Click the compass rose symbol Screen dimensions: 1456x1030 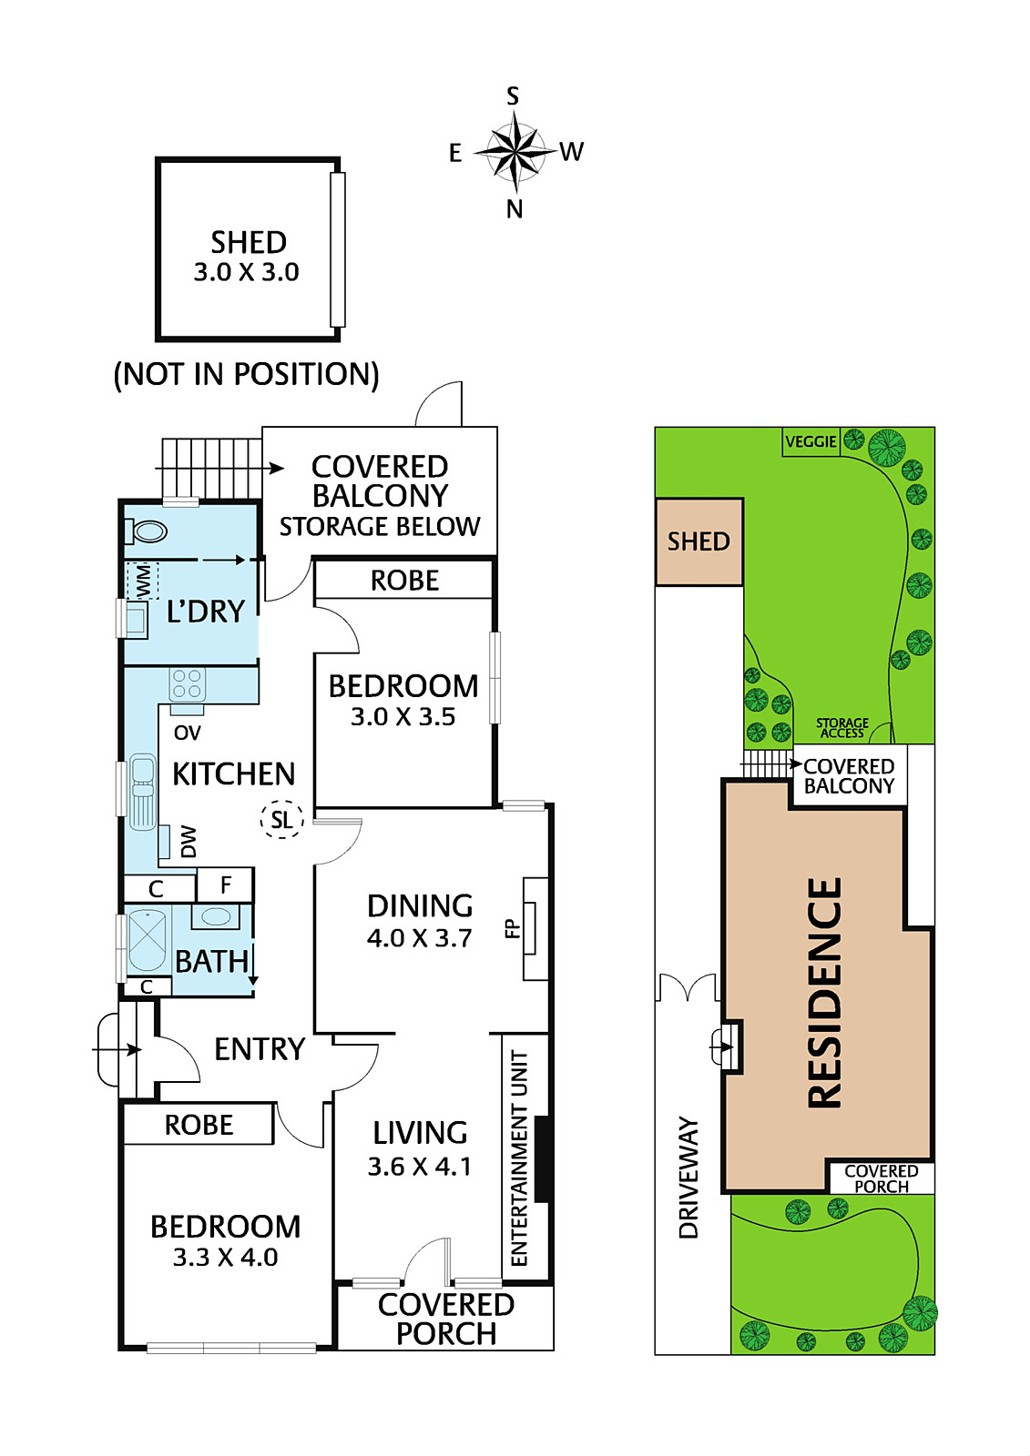515,151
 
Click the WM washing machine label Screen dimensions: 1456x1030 142,581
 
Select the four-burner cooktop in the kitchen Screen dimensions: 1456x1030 188,684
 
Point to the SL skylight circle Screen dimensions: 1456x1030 281,819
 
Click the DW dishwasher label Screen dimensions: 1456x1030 189,841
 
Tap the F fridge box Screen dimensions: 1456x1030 225,884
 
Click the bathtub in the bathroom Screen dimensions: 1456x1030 146,941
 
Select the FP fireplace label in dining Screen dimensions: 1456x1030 512,929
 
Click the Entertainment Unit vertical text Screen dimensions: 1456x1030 520,1158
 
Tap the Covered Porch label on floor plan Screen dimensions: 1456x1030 446,1319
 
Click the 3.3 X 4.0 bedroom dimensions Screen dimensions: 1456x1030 225,1258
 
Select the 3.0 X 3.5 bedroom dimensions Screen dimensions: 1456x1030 403,717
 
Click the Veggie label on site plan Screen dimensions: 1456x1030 811,441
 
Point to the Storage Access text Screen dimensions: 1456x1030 841,728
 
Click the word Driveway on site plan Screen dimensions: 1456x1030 689,1178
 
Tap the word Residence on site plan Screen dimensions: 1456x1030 824,992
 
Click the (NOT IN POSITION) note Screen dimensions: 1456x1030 246,374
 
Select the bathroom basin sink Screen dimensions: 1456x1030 216,915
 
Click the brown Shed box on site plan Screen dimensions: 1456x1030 699,541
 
